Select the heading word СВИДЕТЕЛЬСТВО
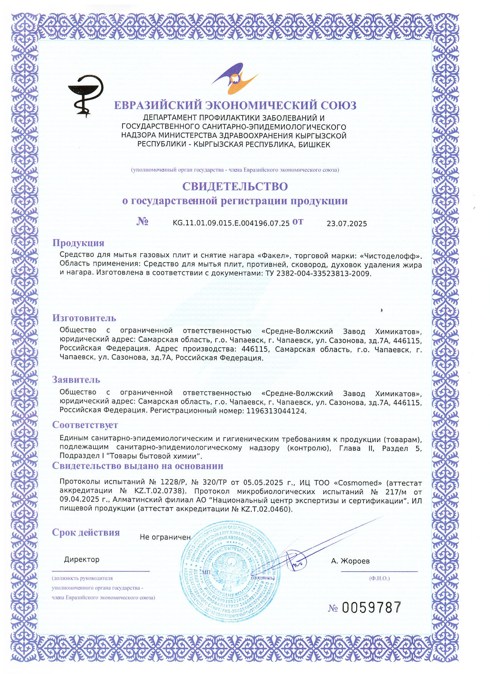[x=235, y=186]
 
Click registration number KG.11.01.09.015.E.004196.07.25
[x=231, y=223]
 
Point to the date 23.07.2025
[x=347, y=224]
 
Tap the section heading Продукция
[x=78, y=243]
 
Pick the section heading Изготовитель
[x=84, y=318]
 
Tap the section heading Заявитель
[x=76, y=379]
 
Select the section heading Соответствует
[x=85, y=425]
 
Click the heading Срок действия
[x=86, y=533]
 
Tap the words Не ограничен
[x=165, y=537]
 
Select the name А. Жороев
[x=350, y=561]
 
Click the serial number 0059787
[x=371, y=608]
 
